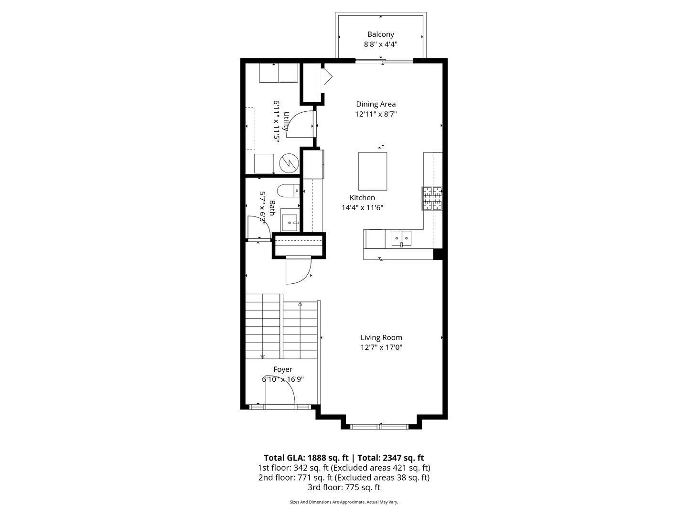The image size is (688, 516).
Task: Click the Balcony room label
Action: tap(380, 34)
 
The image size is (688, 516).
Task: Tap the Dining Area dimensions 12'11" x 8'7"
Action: tap(376, 114)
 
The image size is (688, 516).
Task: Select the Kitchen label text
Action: tap(362, 198)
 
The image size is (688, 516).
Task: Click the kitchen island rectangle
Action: tap(373, 171)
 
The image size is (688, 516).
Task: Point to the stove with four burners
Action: tap(432, 198)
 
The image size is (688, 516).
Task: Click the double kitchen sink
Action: tap(401, 237)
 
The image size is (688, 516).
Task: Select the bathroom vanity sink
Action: tap(290, 222)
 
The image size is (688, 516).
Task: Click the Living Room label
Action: tap(381, 337)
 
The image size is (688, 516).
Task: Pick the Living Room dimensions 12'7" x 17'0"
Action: tap(381, 348)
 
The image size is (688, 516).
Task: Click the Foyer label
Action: tap(283, 369)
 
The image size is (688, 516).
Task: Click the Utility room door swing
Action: tap(300, 124)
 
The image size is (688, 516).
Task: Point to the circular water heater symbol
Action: tap(289, 163)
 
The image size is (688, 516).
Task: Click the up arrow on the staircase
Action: tap(300, 304)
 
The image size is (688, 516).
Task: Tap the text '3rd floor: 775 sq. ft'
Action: tap(344, 488)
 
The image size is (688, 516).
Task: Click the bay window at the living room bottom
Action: tap(380, 426)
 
